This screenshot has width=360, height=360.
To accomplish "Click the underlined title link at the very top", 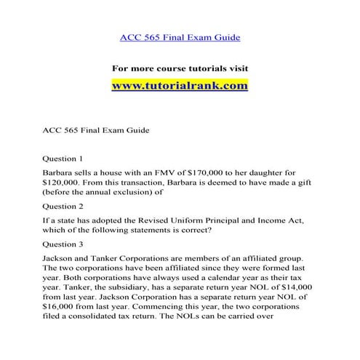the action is click(180, 36).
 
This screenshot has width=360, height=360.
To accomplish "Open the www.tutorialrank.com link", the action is click(180, 85).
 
